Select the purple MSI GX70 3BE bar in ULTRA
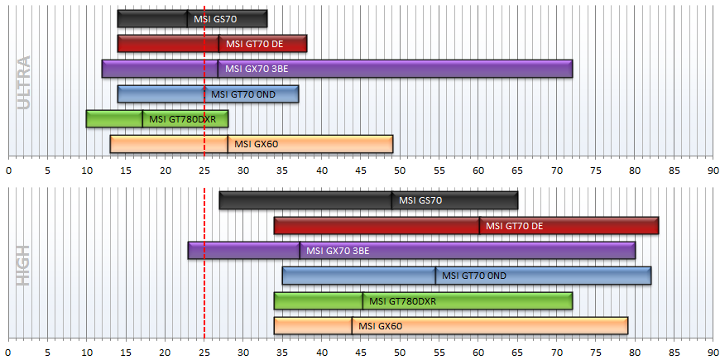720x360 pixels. [x=337, y=69]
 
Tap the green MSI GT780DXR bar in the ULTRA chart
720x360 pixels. [x=157, y=119]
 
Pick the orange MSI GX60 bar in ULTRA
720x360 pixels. [x=252, y=144]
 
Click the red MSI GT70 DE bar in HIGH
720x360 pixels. [x=466, y=225]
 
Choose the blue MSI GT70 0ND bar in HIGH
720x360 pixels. [x=467, y=276]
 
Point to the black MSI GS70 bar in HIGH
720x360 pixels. [x=368, y=200]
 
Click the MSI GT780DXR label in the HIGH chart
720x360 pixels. [x=402, y=301]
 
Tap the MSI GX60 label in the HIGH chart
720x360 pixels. [x=380, y=326]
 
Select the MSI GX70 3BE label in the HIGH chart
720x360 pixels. [x=338, y=251]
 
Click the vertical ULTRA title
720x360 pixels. [x=23, y=83]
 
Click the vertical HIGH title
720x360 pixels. [x=23, y=266]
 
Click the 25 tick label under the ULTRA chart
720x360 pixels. [x=204, y=170]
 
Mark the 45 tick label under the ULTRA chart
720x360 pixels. [x=361, y=170]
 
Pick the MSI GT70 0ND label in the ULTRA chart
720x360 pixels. [x=243, y=94]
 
